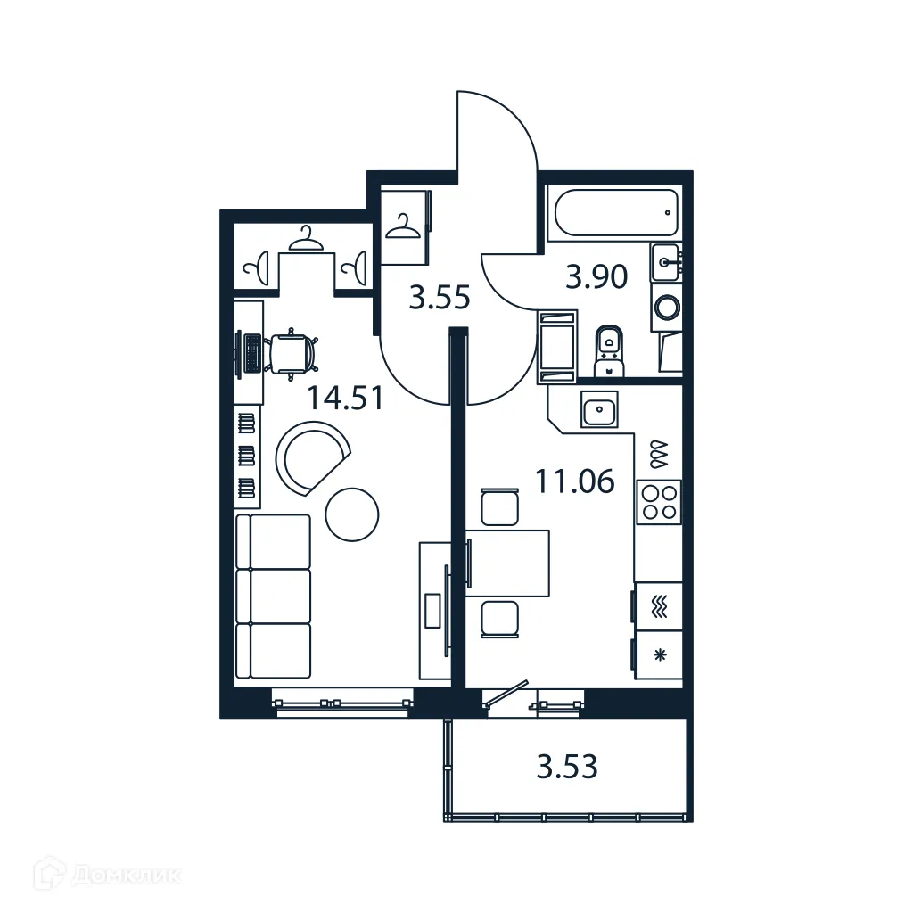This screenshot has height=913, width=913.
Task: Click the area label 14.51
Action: click(346, 397)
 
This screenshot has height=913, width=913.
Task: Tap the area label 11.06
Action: click(574, 481)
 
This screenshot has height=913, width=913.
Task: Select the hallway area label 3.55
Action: click(439, 297)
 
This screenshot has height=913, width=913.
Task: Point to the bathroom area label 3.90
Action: click(596, 277)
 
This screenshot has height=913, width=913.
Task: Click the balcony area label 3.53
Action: click(566, 766)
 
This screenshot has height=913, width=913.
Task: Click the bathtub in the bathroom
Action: click(615, 213)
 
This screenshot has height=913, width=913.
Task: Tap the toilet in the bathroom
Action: click(610, 350)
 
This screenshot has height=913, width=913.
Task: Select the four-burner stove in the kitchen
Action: click(658, 499)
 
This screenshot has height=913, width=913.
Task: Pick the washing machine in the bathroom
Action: click(666, 308)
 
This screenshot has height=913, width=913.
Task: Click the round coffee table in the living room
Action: click(352, 514)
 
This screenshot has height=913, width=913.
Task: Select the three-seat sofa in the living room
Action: click(274, 596)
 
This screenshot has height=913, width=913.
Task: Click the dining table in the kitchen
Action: click(506, 563)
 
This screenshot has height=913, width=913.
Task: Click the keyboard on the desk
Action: click(252, 353)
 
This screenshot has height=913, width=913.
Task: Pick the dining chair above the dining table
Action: click(498, 507)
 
